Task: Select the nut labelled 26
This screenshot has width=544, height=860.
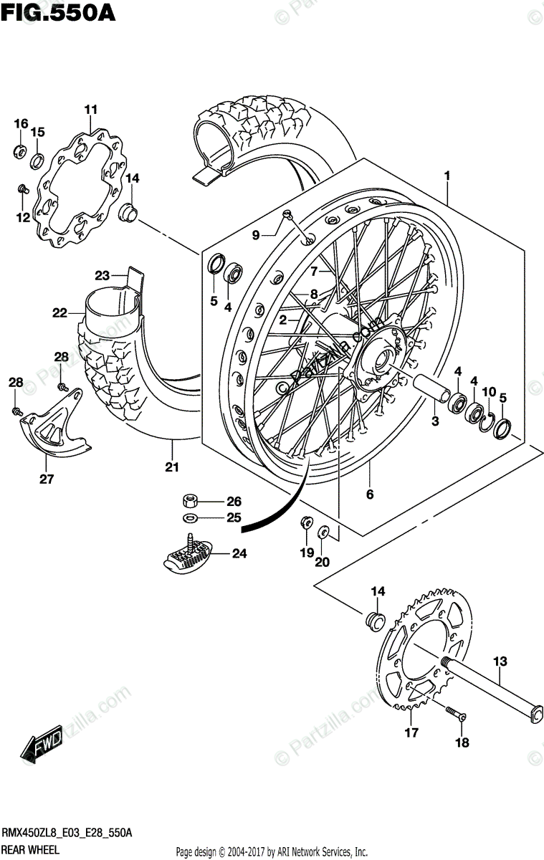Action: click(x=191, y=500)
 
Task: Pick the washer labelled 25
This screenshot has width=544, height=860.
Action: click(x=191, y=517)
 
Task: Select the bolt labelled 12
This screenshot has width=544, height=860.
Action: click(x=22, y=189)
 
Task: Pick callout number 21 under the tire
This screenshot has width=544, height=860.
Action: click(x=172, y=467)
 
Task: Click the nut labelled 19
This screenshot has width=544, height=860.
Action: click(x=306, y=522)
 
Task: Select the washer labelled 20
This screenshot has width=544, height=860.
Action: click(x=323, y=532)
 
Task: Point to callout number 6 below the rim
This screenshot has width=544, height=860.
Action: click(x=370, y=494)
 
